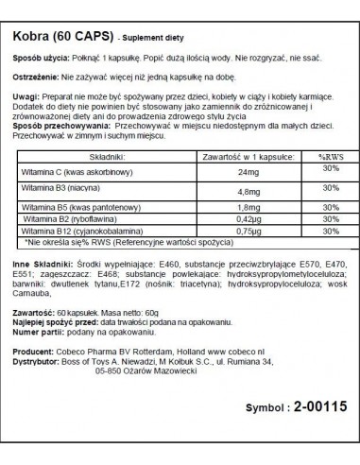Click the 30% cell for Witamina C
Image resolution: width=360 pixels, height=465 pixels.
[x=304, y=171]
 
